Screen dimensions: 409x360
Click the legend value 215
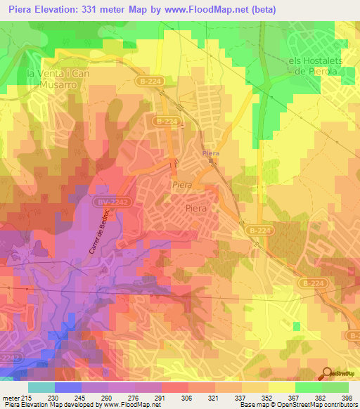click(x=23, y=397)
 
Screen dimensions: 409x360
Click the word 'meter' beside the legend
click(x=8, y=397)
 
